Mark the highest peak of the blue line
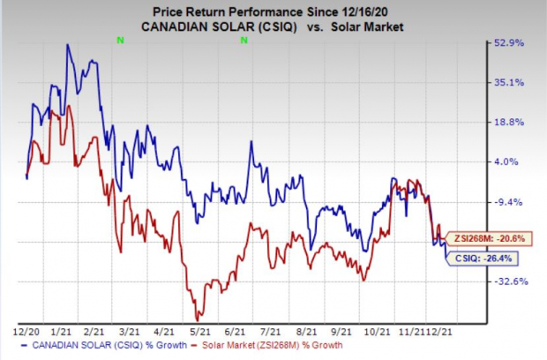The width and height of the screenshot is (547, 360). pyautogui.click(x=68, y=45)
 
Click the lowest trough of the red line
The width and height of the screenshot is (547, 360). pyautogui.click(x=198, y=319)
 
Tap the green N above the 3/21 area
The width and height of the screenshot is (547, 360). pyautogui.click(x=120, y=40)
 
